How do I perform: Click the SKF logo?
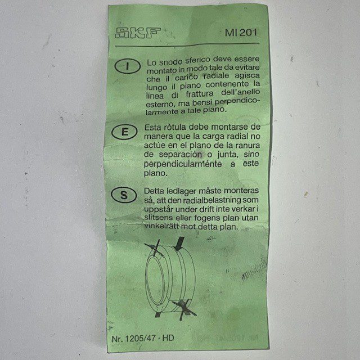point(138,33)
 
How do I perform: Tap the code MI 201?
point(241,33)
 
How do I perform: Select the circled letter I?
point(128,66)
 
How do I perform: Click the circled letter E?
point(124,132)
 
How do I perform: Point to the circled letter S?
point(124,195)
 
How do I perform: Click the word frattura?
point(200,94)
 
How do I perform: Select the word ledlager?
point(181,191)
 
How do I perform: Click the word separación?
point(180,155)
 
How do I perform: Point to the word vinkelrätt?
point(162,226)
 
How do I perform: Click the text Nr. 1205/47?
point(134,339)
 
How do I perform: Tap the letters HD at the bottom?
point(168,338)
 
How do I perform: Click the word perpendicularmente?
point(183,164)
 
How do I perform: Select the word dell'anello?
point(240,92)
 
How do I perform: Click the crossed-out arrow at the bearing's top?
point(154,249)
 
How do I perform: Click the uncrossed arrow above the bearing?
point(179,244)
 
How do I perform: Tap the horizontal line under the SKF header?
point(187,44)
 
